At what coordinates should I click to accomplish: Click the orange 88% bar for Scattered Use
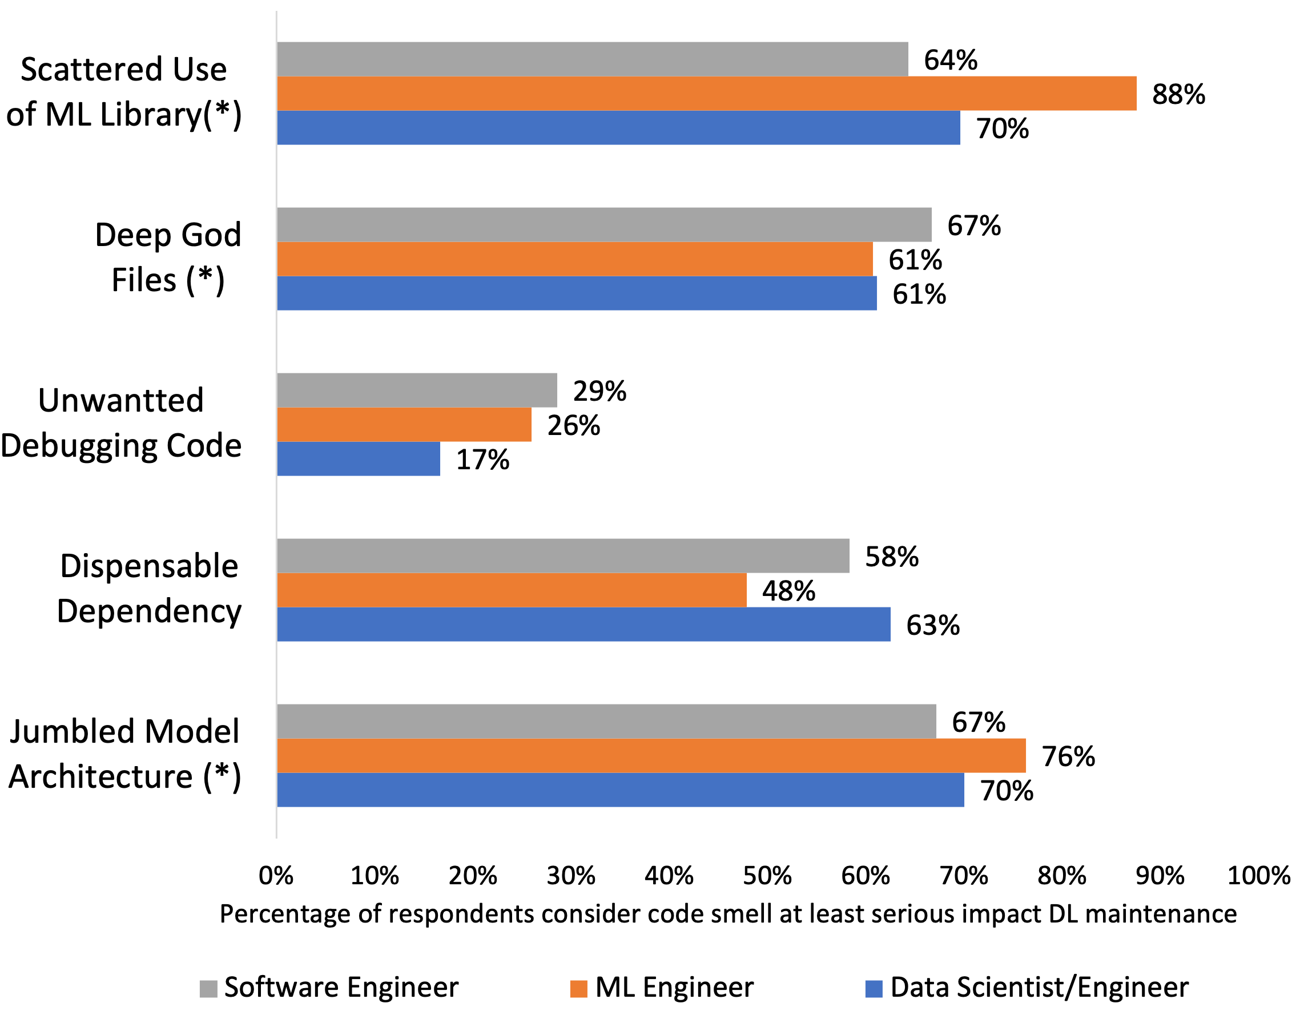tap(706, 94)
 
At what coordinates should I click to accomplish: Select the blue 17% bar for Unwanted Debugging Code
tap(359, 459)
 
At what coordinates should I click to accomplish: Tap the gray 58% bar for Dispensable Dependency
tap(562, 556)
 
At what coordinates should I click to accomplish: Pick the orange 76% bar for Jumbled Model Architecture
tap(651, 756)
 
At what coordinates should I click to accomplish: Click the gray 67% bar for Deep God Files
tap(603, 225)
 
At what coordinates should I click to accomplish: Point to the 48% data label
tap(788, 591)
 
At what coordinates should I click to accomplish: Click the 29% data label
tap(599, 391)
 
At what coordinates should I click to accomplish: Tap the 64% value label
tap(951, 60)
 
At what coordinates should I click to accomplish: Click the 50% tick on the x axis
tap(767, 876)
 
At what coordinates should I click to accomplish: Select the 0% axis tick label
tap(276, 876)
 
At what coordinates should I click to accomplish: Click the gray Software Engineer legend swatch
tap(208, 989)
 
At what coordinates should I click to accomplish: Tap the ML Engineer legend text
tap(674, 987)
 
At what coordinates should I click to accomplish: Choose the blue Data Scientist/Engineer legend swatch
tap(873, 989)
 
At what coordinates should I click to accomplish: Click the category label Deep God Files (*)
tap(168, 257)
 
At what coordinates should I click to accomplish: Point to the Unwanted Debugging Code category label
tap(122, 422)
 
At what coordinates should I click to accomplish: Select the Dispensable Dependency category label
tap(149, 588)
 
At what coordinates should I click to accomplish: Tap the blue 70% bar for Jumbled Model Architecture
tap(620, 790)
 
